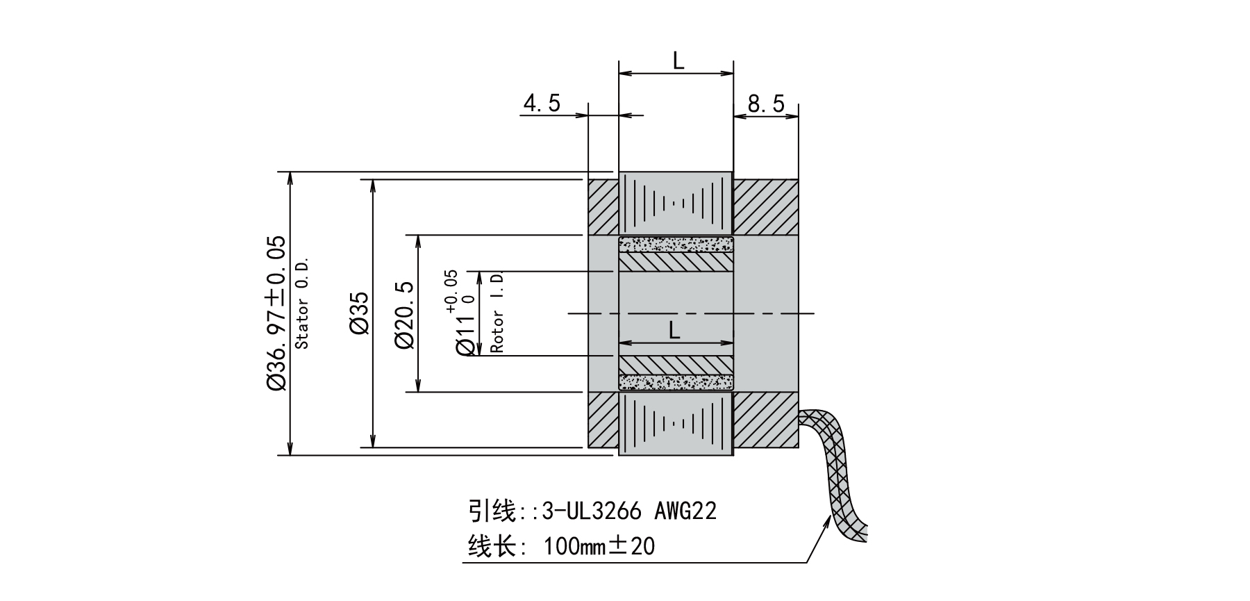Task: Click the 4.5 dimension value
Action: point(542,104)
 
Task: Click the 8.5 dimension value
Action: point(766,104)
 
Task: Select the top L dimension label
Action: point(678,61)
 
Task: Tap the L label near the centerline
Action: point(674,331)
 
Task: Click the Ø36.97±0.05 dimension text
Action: point(276,312)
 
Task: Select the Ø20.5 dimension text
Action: point(404,314)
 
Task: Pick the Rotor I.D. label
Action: point(497,313)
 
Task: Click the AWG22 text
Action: point(685,511)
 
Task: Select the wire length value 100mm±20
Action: point(599,547)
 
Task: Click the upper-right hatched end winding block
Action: point(766,206)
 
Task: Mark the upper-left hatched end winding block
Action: point(603,206)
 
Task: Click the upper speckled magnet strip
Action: point(676,244)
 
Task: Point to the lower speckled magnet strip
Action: point(676,382)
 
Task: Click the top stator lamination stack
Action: point(676,203)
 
